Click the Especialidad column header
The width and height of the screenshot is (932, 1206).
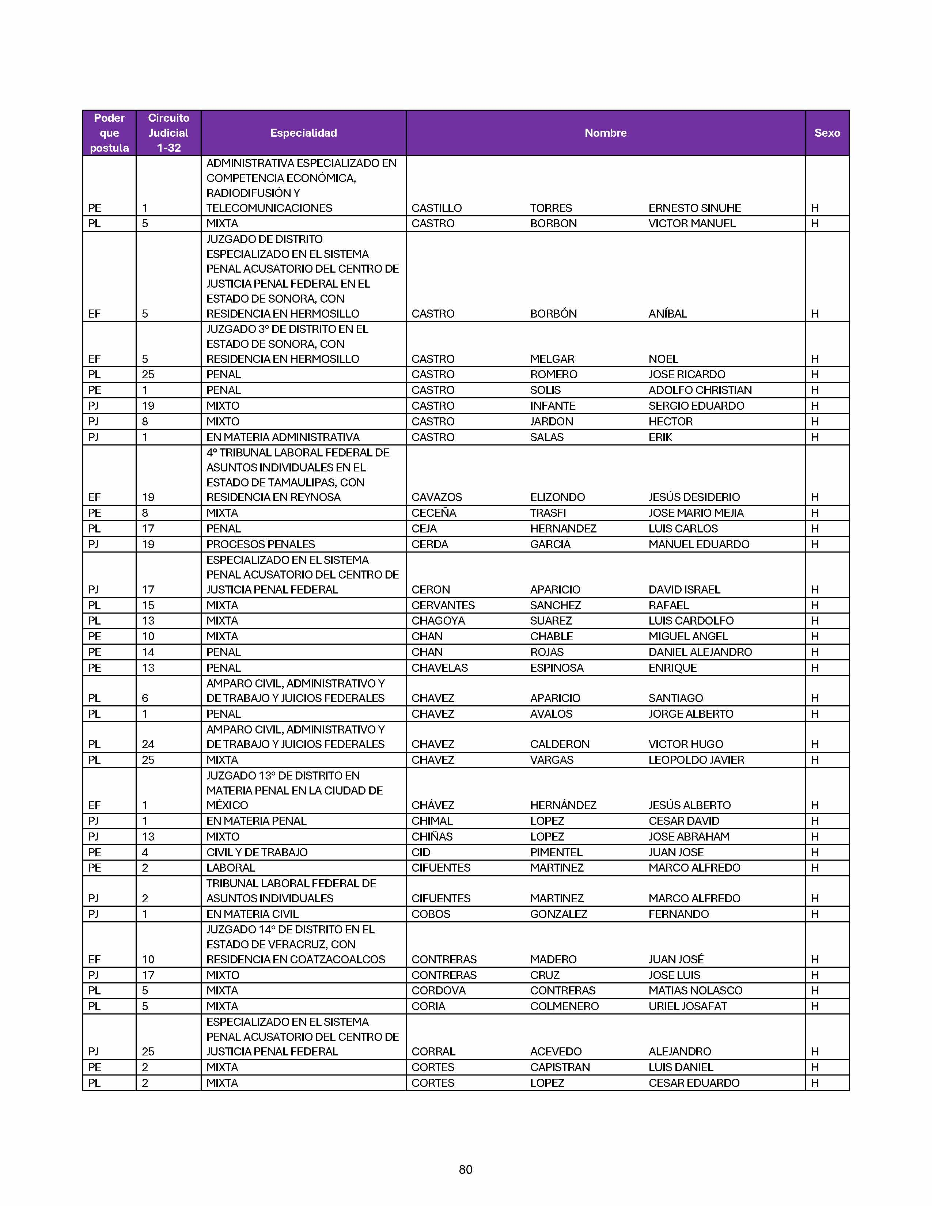pos(303,133)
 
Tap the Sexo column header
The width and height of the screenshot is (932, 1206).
pos(826,133)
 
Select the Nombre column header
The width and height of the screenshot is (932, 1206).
pos(605,133)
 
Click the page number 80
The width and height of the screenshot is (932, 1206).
pos(465,1169)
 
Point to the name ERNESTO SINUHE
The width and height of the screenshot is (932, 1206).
pos(694,208)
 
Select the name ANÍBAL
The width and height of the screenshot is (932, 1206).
pos(667,314)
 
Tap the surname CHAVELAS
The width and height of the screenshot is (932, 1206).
pos(439,668)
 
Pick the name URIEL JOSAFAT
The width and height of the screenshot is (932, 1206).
pos(687,1006)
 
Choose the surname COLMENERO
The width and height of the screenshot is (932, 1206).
pos(564,1006)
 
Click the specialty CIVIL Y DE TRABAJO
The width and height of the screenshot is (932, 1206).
pos(257,852)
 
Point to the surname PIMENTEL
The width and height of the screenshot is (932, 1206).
pos(556,852)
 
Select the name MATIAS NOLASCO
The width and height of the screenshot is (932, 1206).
pos(695,991)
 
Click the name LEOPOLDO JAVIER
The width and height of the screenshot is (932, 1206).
pos(696,760)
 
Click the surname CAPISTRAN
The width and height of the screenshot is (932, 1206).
pos(560,1067)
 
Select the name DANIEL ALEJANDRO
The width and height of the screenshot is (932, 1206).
pos(700,652)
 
